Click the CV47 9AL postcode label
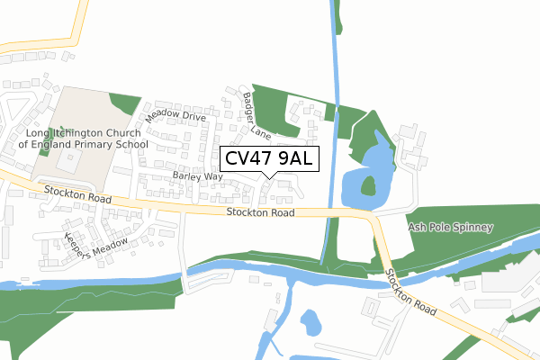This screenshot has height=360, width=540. point(268,158)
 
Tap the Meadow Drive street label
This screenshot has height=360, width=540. point(176,115)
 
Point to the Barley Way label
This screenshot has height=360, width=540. point(200,176)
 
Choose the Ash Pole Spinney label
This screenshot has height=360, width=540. point(451,228)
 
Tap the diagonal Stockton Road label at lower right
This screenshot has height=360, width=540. point(411,292)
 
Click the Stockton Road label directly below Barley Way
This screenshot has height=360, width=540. point(261,213)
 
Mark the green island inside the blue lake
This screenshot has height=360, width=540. point(368,186)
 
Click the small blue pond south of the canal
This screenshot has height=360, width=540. point(310,320)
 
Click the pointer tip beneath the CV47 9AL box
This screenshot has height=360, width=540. point(268,176)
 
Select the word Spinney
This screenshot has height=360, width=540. point(473,228)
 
